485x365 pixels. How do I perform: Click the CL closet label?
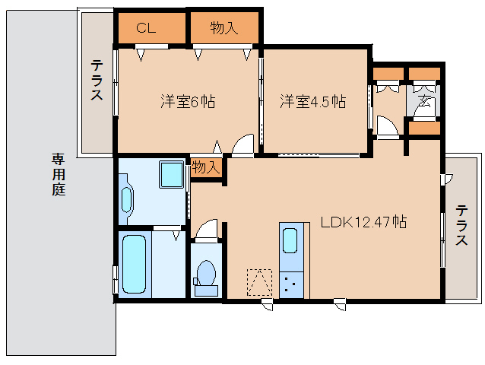(147, 29)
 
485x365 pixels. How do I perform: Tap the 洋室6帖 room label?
(187, 100)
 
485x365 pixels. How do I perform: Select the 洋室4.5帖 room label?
(312, 100)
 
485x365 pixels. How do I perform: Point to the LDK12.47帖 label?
(363, 223)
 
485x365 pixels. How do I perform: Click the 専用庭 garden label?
(59, 174)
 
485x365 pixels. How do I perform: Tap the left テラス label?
(97, 81)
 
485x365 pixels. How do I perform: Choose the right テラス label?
(461, 225)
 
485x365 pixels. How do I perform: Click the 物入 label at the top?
(224, 29)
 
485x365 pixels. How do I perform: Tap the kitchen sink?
(290, 241)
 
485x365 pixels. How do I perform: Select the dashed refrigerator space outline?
(258, 281)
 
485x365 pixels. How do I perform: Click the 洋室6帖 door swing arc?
(243, 145)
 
